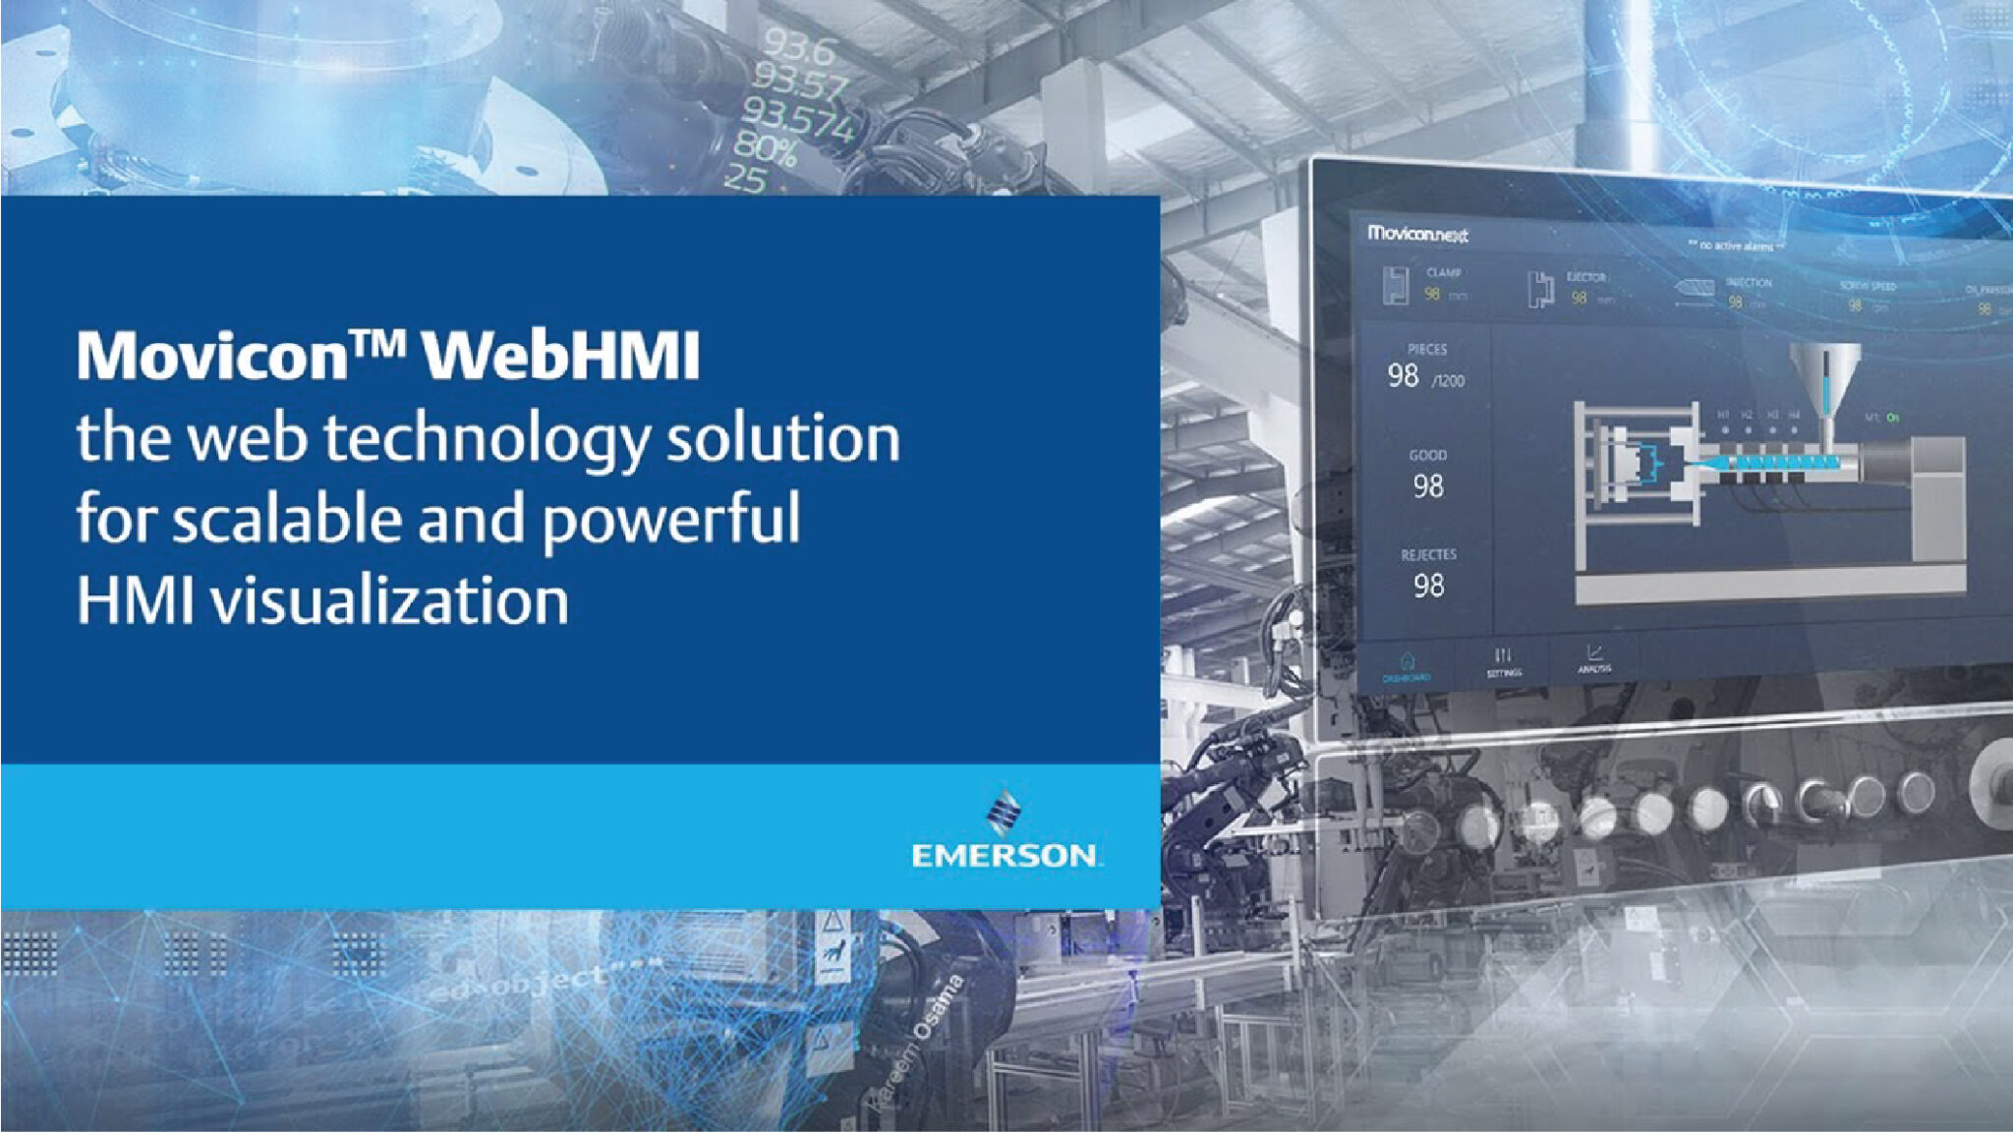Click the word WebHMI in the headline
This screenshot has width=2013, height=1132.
(x=561, y=355)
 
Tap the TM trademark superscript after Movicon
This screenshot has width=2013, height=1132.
(x=377, y=343)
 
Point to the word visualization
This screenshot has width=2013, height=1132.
(x=390, y=600)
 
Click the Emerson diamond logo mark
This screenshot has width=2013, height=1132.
(x=1003, y=813)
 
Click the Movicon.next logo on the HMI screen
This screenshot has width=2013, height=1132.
(x=1417, y=235)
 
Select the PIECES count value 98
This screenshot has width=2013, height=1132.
(x=1403, y=375)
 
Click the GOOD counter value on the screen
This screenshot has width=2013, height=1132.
(x=1428, y=485)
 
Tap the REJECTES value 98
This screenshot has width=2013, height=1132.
(x=1428, y=586)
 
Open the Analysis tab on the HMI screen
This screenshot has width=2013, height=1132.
(x=1594, y=658)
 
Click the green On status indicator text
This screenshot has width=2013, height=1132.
(x=1892, y=418)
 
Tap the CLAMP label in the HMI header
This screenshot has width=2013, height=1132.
(x=1443, y=272)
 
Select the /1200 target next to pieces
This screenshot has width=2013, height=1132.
(x=1448, y=381)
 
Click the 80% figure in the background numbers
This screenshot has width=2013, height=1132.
(x=765, y=149)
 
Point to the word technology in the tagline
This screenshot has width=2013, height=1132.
(x=487, y=438)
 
